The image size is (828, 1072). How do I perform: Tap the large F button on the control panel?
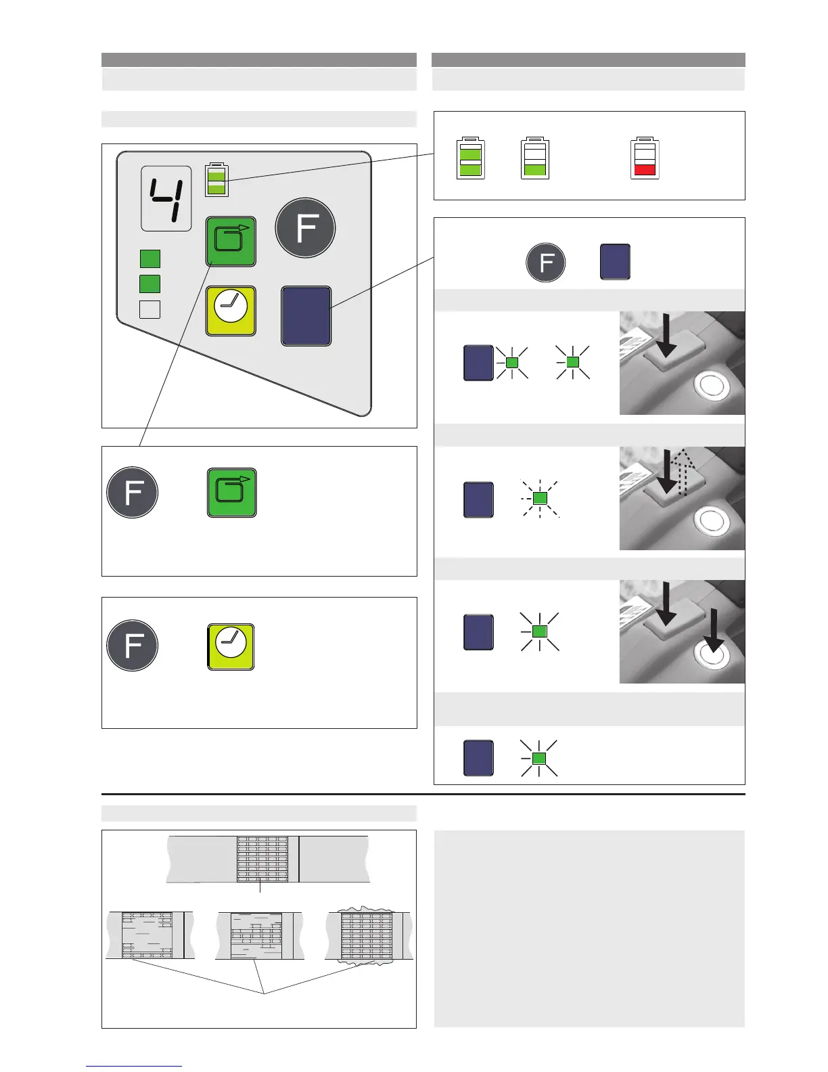tap(305, 228)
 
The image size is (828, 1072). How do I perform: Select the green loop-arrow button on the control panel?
tap(231, 241)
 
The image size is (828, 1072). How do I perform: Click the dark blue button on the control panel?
tap(306, 316)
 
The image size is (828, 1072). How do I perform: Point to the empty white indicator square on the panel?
tap(149, 309)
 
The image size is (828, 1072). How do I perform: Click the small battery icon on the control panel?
tap(216, 179)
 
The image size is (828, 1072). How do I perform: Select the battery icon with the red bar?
tap(645, 158)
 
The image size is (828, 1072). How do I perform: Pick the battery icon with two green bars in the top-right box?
tap(471, 158)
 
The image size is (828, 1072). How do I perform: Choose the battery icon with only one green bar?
tap(535, 158)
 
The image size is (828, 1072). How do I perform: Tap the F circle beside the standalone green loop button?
tap(133, 492)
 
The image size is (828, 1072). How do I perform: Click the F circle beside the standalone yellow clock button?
tap(133, 645)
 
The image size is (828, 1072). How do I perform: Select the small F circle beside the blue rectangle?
tap(546, 262)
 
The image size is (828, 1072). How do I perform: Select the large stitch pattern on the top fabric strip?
tap(262, 858)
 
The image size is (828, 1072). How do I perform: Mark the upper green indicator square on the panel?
tap(149, 259)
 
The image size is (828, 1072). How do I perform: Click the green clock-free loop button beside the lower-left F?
tap(231, 492)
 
